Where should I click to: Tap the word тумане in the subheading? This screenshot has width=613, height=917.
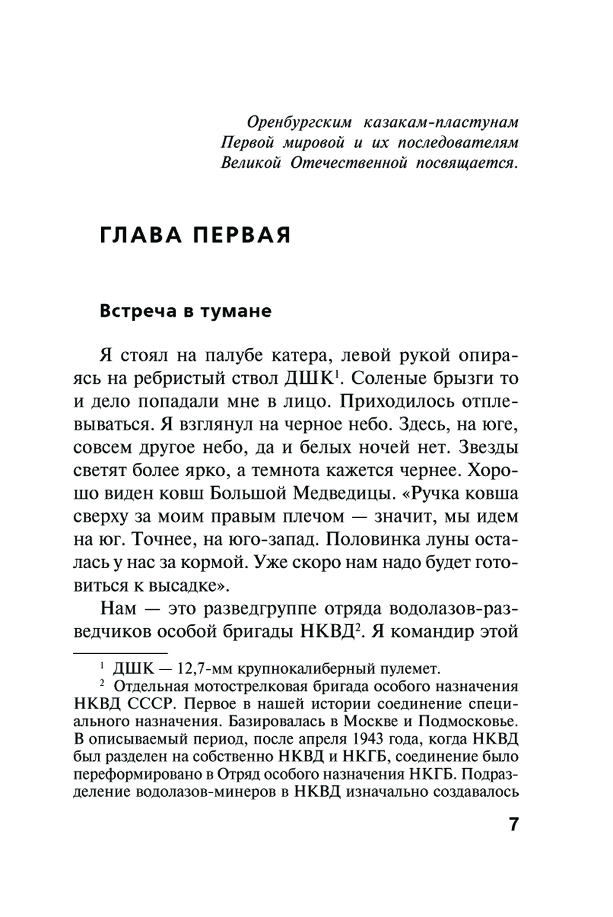pos(237,311)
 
